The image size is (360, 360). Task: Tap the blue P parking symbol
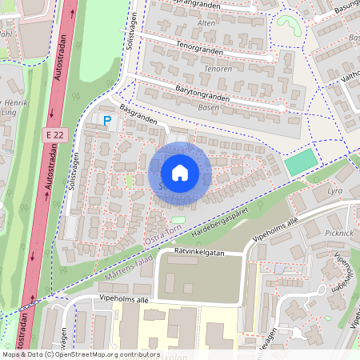click(x=107, y=120)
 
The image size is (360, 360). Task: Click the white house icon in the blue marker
click(x=180, y=173)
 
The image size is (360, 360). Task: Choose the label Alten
click(x=206, y=24)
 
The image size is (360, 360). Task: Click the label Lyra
click(x=334, y=192)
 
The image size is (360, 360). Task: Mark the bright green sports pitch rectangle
click(x=300, y=163)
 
